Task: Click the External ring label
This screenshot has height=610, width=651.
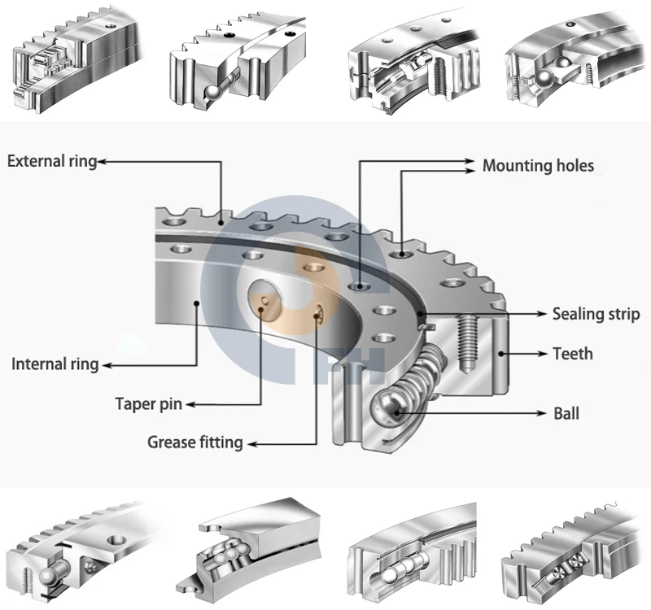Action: pos(51,161)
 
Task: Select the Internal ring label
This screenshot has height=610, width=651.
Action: pos(55,364)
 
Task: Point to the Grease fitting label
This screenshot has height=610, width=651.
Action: pos(194,442)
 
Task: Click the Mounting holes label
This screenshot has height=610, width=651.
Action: pos(538,166)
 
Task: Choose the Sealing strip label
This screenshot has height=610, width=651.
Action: pos(596,314)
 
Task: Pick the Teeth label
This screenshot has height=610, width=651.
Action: pos(573,354)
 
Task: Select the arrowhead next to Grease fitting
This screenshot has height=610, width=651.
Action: pos(251,443)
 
